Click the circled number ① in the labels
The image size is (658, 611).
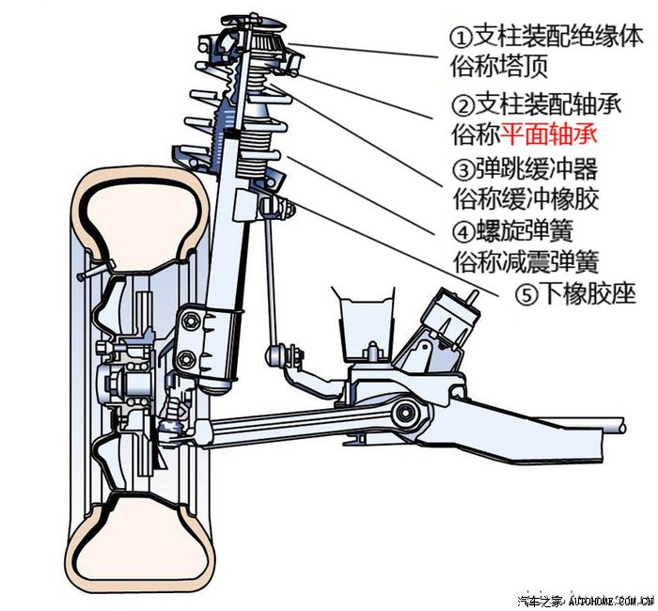pos(462,37)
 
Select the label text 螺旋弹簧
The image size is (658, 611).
pos(525,231)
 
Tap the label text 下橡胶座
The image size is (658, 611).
pos(587,293)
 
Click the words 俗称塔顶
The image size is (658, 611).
pos(499,67)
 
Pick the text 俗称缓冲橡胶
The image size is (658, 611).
pos(526,199)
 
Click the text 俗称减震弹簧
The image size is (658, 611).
pos(526,262)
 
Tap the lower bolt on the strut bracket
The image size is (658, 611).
pos(185,359)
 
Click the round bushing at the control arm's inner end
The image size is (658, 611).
pos(405,414)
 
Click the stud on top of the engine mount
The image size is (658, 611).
pos(472,297)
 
